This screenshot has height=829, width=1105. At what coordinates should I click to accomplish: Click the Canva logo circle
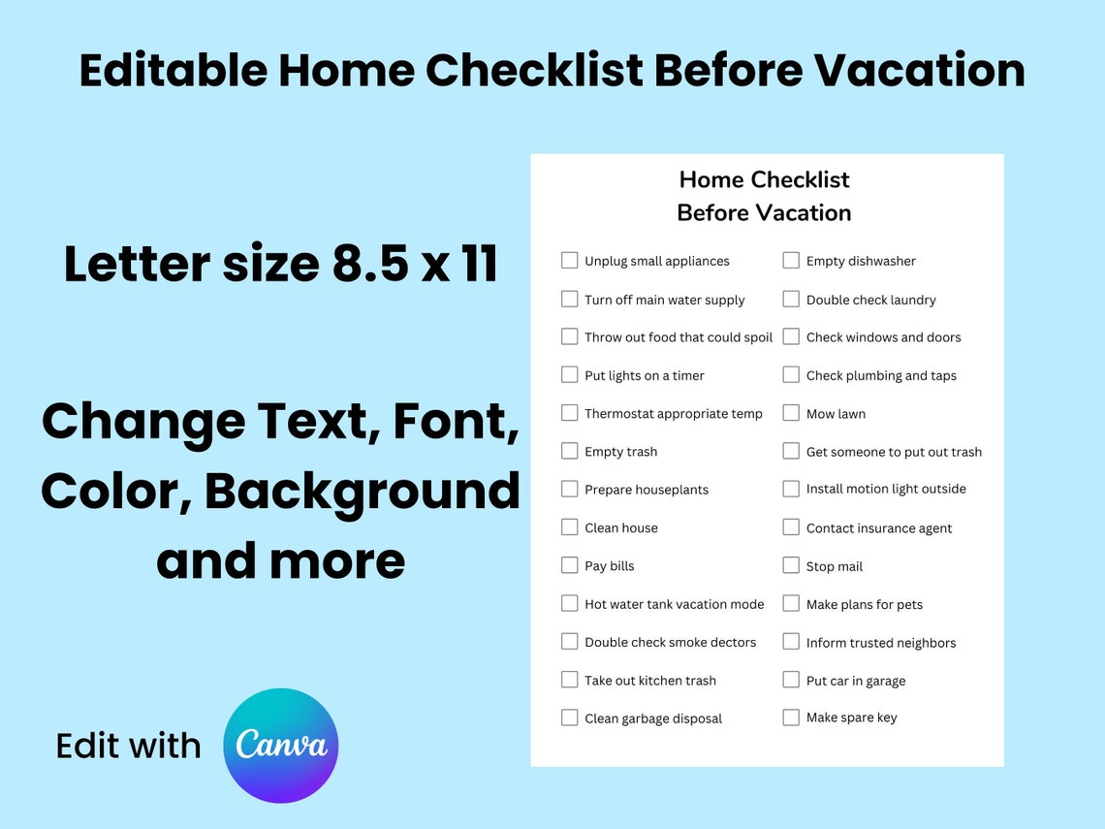280,746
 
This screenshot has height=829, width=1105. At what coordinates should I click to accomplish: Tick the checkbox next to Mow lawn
791,413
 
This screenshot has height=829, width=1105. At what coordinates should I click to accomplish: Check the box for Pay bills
569,565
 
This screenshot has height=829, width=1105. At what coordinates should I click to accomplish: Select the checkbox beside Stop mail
791,565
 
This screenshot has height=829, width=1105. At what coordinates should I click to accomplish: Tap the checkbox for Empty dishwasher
791,260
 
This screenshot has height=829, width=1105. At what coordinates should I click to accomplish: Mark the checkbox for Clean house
569,527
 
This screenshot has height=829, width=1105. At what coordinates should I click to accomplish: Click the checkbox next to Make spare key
791,717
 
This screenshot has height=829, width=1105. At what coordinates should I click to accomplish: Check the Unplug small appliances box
569,260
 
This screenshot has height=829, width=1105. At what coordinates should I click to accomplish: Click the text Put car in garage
855,681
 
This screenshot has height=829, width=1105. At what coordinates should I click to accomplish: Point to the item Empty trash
620,452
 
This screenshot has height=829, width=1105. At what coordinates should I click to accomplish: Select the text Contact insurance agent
878,528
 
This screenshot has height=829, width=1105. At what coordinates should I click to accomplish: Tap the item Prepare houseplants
646,490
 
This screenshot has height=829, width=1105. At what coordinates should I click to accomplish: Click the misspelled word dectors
732,642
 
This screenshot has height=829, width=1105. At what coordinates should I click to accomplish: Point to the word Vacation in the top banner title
919,70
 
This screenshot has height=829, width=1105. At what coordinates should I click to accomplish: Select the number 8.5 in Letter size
368,264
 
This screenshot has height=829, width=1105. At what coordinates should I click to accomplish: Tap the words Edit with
128,746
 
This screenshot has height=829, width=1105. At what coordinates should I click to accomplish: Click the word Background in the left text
363,491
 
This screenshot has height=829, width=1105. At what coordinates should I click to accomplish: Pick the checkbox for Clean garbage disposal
569,717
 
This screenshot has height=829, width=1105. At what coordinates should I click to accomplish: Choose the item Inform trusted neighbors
880,643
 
